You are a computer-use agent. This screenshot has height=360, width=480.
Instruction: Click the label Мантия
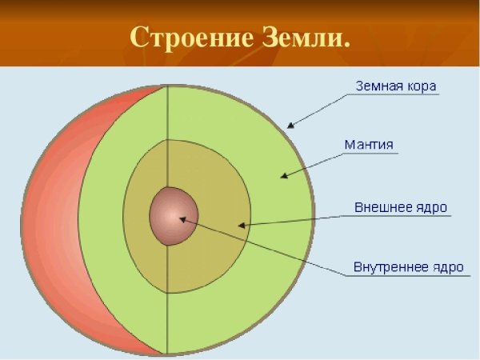[x=368, y=145]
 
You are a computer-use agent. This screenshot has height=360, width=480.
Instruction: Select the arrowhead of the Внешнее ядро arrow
[x=242, y=226]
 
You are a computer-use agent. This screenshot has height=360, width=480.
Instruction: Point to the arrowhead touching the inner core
[x=182, y=217]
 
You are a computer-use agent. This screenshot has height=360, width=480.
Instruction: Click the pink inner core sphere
[x=170, y=214]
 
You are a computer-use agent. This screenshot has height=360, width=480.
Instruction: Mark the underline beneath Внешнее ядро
[x=400, y=216]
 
